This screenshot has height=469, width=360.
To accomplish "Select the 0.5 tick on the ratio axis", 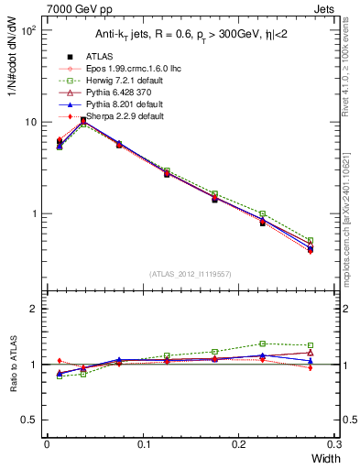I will click(31, 420).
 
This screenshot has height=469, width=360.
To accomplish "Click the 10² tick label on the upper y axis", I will click(27, 30).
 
